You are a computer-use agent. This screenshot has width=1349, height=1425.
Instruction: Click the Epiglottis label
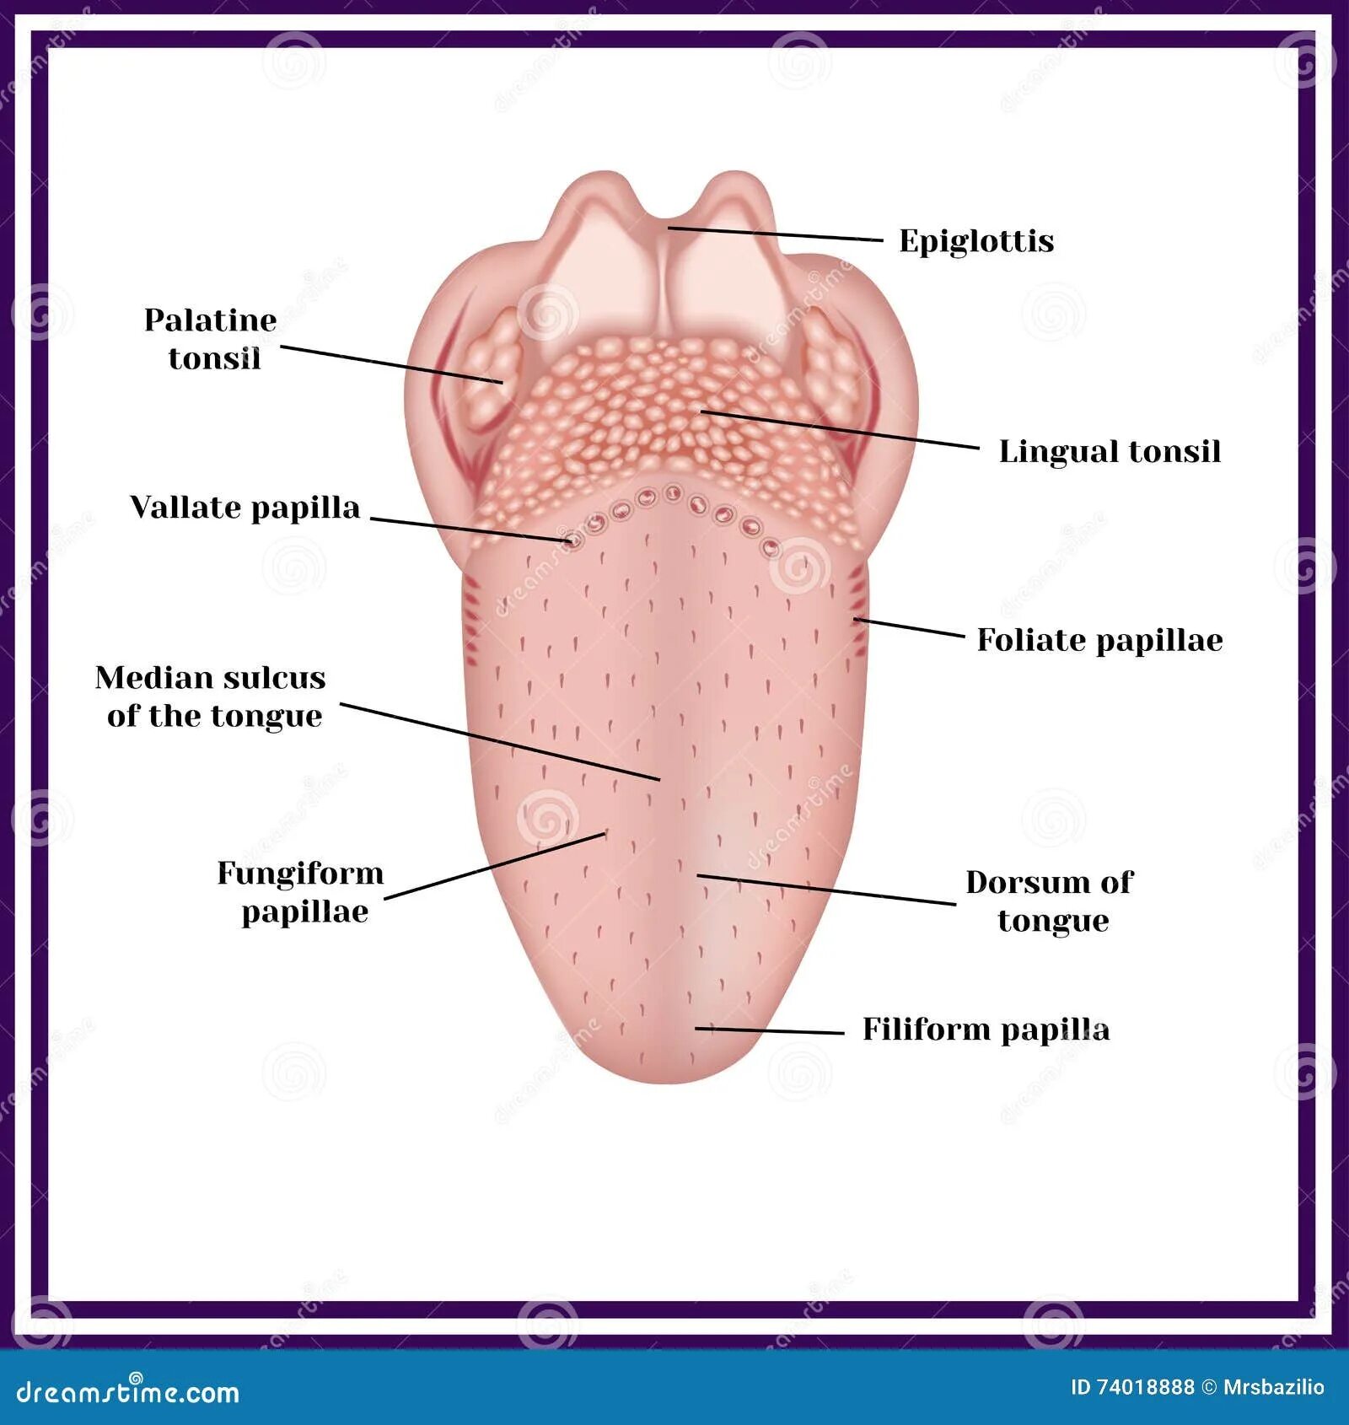coord(976,241)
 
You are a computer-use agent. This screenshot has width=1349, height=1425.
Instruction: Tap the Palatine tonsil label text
coord(211,339)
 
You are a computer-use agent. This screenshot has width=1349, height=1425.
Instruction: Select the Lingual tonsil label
coord(1110,452)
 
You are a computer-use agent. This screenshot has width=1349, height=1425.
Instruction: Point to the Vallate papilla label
coord(245,508)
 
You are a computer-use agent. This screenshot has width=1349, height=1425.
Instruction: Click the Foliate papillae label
coord(1099,640)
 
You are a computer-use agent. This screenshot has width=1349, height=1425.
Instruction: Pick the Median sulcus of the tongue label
coord(211,696)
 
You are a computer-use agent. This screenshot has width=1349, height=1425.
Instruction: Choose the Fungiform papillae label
coord(301,891)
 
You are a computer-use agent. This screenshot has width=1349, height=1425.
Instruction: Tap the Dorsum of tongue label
coord(1051,901)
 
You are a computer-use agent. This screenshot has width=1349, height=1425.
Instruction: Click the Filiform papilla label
coord(986,1030)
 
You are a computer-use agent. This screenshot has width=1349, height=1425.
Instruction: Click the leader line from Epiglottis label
coord(776,234)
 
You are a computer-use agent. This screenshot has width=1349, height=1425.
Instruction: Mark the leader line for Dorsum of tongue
coord(826,890)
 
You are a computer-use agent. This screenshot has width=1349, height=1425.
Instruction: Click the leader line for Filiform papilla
coord(769,1030)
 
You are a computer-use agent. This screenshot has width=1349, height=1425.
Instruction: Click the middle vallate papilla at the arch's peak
coord(673,493)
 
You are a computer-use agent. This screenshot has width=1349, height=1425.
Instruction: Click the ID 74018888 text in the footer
coord(1132,1387)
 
